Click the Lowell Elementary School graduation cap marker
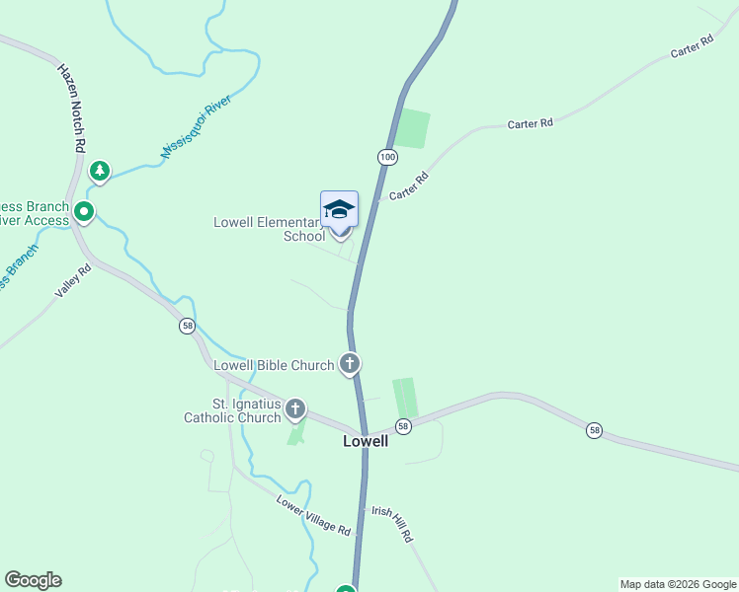tap(339, 210)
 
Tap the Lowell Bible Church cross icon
tap(349, 364)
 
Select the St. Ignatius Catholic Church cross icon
tap(295, 408)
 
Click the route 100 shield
tap(386, 157)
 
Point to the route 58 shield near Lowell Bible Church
tap(188, 326)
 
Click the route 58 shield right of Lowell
tap(403, 425)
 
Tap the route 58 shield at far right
tap(593, 430)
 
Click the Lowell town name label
tap(365, 441)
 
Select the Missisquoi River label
tap(195, 126)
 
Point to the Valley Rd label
tap(72, 286)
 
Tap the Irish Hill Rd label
tap(391, 523)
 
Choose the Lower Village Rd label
tap(313, 516)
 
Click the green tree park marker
tap(99, 172)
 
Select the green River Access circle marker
tap(84, 211)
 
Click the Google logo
tap(33, 580)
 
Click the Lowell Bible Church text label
tap(275, 365)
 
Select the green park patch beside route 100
tap(412, 128)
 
